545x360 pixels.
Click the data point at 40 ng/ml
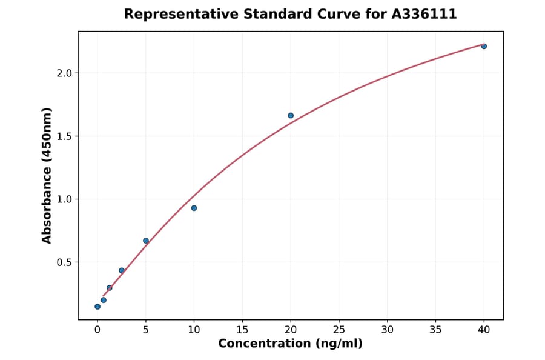pos(484,46)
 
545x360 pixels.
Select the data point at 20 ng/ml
pos(291,115)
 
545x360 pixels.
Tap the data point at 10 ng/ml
pos(194,208)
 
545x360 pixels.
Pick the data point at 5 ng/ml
pos(146,241)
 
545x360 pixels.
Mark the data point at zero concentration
pos(97,307)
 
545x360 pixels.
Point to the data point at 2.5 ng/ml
pos(122,270)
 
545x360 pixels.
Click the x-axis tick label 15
pos(242,330)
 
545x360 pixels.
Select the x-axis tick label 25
pos(339,330)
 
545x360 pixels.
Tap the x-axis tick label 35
pos(435,330)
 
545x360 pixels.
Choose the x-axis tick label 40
pos(484,330)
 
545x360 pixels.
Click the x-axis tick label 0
pos(97,330)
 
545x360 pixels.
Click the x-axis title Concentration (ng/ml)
pos(290,344)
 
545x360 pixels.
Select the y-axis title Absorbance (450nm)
pos(47,175)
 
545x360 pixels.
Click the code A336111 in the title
pos(424,14)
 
